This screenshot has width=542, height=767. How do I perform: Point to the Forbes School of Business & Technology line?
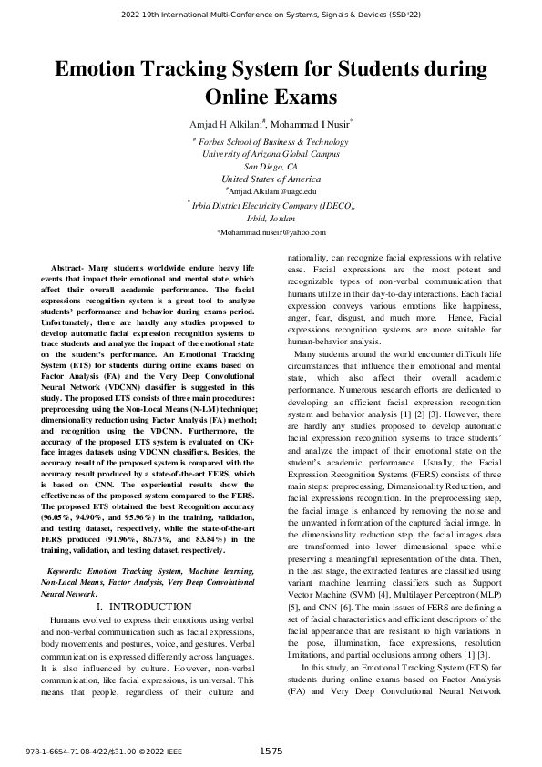[271, 142]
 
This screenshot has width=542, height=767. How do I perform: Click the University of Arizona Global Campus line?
[271, 155]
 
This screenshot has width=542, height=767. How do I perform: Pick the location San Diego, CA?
[271, 168]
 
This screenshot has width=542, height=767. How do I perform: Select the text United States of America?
[271, 179]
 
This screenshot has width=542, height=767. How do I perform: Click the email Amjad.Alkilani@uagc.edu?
[271, 192]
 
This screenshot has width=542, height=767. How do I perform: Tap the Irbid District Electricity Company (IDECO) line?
[271, 206]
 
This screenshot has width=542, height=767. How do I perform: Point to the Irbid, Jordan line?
[271, 219]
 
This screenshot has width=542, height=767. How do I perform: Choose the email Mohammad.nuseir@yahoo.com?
[271, 233]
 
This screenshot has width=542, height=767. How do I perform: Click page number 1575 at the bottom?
[271, 750]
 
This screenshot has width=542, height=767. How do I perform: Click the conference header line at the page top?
[271, 15]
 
